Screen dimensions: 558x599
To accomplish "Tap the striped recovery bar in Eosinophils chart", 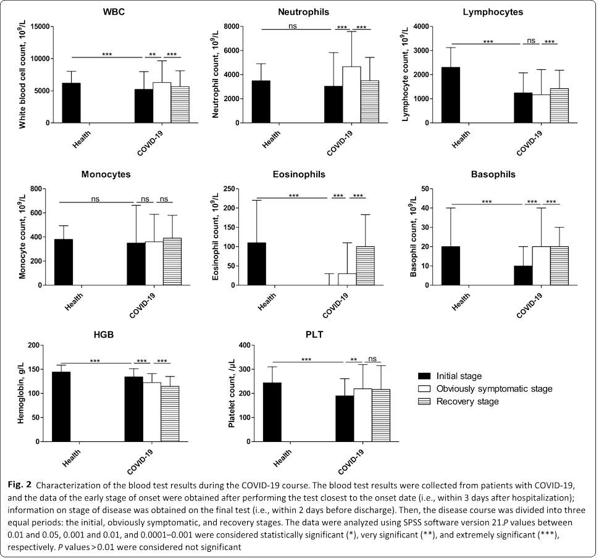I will coord(365,265).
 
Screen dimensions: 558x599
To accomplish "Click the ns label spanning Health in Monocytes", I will coord(96,199).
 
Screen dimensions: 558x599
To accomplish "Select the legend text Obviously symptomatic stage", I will coord(494,388).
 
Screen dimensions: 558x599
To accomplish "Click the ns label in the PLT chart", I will coord(372,359).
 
